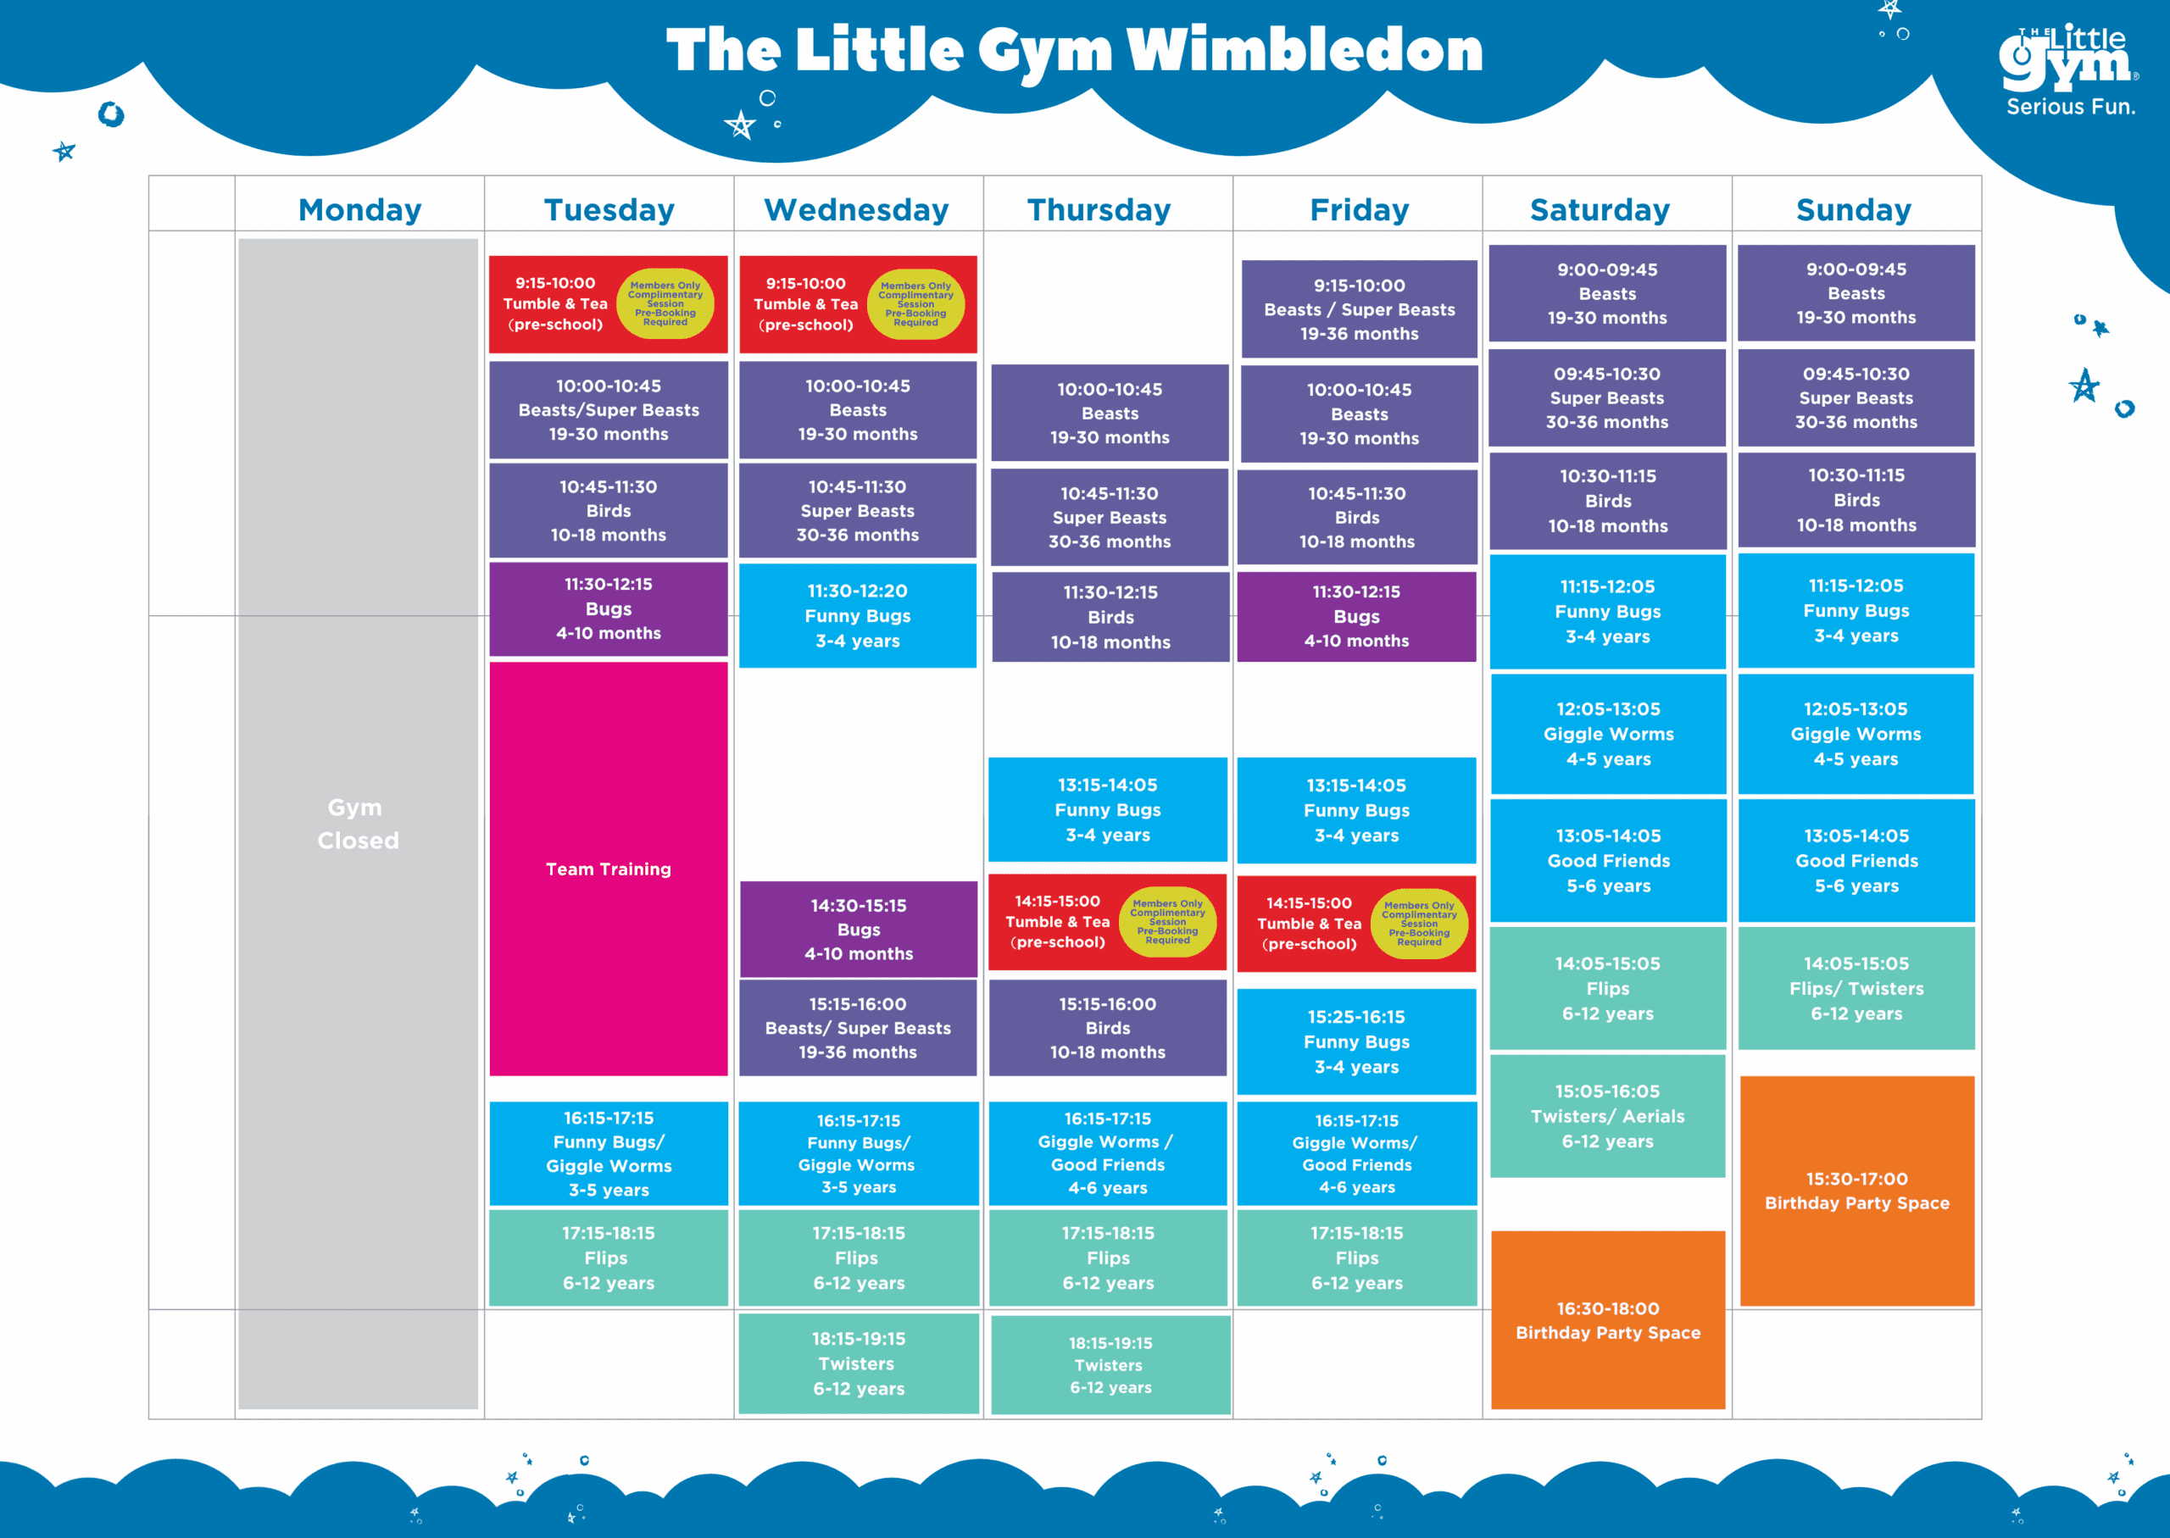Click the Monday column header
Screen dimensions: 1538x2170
tap(360, 209)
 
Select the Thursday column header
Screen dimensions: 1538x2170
tap(1099, 209)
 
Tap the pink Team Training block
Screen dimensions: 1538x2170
tap(608, 869)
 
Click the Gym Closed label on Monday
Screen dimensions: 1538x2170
tap(357, 824)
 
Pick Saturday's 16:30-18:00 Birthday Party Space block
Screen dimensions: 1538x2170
tap(1607, 1319)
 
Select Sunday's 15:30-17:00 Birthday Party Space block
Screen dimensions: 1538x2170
tap(1856, 1191)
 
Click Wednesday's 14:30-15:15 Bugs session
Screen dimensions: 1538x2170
tap(858, 929)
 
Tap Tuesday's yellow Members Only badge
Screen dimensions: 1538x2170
tap(665, 304)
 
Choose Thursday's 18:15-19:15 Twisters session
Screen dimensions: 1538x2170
tap(1110, 1364)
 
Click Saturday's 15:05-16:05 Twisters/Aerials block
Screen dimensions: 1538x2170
tap(1607, 1116)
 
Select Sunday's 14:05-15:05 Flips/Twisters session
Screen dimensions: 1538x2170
tap(1856, 988)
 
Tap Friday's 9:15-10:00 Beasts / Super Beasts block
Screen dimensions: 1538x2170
tap(1359, 308)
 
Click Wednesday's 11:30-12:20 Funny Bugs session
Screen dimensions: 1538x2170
tap(857, 615)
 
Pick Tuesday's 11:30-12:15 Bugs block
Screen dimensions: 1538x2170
tap(608, 609)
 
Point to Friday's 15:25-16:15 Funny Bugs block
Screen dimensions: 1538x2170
tap(1356, 1041)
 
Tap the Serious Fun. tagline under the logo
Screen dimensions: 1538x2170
tap(2071, 107)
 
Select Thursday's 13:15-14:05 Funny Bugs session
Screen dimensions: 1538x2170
tap(1107, 810)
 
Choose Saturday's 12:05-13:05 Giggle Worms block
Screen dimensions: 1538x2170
tap(1608, 734)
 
